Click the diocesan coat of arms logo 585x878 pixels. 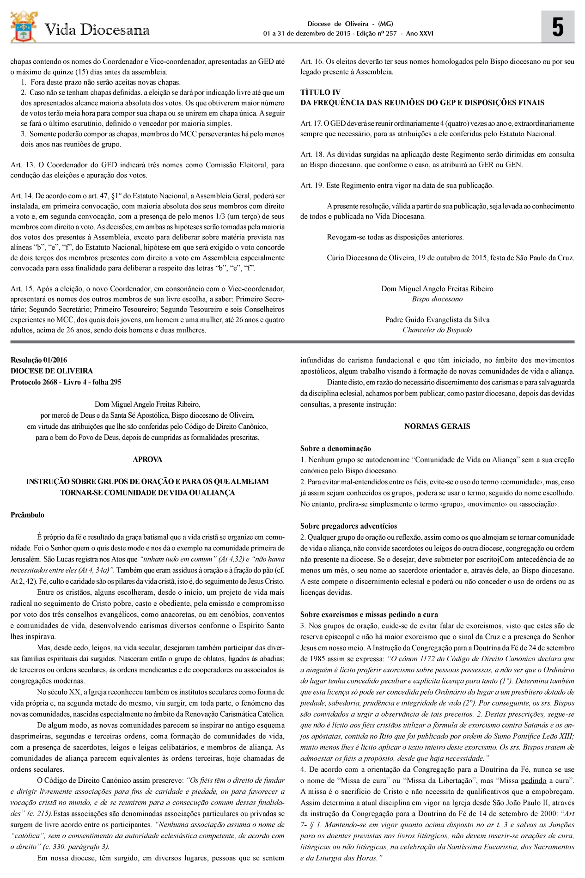(24, 27)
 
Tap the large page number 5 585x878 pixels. (558, 28)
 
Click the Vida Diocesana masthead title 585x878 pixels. (97, 30)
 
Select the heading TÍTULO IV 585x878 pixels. (320, 92)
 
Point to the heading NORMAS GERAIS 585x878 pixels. (437, 427)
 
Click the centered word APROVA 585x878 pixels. (147, 459)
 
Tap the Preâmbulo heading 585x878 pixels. (28, 515)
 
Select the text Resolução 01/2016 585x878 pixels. (39, 360)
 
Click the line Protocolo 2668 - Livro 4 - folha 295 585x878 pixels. (66, 382)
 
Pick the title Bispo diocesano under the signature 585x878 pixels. (437, 299)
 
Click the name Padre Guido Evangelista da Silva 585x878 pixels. (437, 320)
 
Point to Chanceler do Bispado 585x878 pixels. (437, 330)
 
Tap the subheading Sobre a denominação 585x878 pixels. (335, 448)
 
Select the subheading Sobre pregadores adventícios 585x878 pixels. (348, 526)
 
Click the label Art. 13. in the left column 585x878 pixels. (22, 165)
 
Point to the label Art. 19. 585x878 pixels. (312, 186)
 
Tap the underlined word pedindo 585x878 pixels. (533, 781)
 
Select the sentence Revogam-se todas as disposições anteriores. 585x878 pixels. (395, 237)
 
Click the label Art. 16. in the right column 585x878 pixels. (312, 61)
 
